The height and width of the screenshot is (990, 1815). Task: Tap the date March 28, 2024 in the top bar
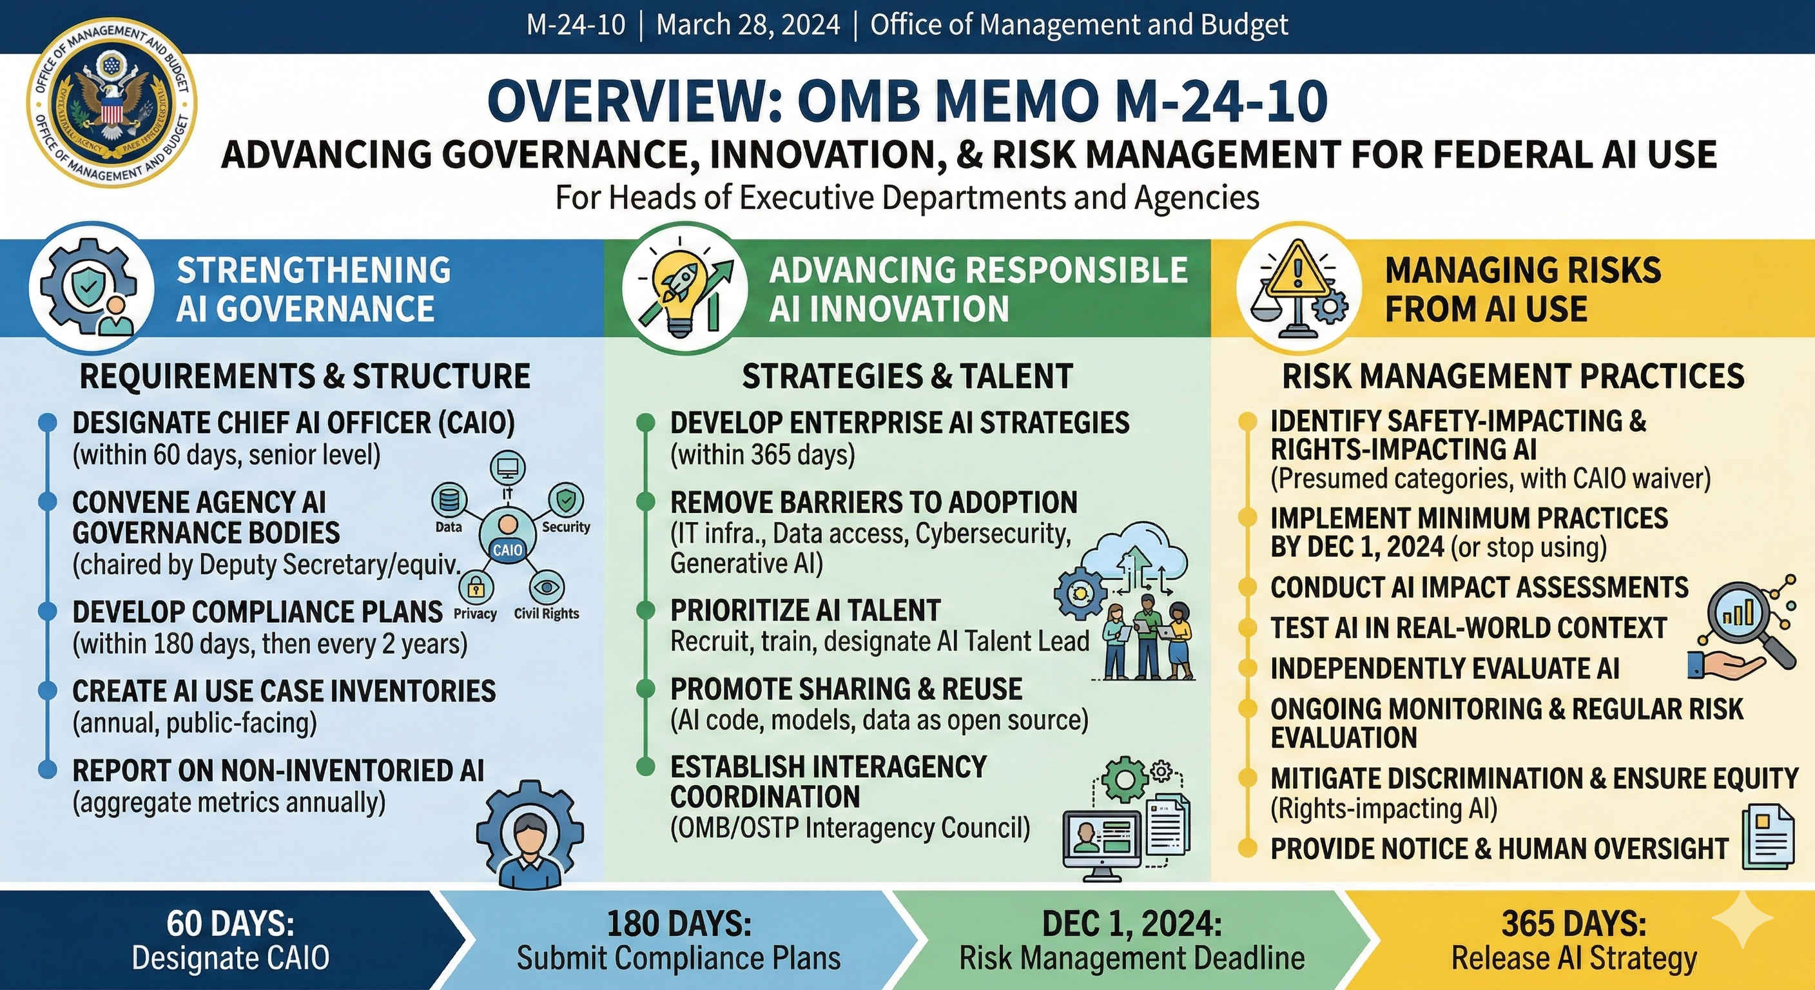748,25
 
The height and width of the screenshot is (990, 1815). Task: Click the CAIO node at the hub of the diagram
507,537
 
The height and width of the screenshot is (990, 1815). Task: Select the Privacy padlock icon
476,587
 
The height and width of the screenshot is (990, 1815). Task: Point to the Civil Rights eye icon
546,587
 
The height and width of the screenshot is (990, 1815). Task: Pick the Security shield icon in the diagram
566,500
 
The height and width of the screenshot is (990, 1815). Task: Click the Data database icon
449,500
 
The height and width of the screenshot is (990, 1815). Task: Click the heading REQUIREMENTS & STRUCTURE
304,376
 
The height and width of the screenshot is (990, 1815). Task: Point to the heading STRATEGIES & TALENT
907,376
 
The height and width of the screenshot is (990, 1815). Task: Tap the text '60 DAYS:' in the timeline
230,924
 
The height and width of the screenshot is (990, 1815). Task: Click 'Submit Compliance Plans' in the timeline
679,958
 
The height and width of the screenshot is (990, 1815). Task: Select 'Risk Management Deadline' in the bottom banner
1132,958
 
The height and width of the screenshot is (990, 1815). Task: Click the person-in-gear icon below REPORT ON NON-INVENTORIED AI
530,835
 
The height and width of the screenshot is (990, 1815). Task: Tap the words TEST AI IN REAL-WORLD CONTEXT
1468,628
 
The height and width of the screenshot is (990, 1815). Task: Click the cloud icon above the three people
1134,551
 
